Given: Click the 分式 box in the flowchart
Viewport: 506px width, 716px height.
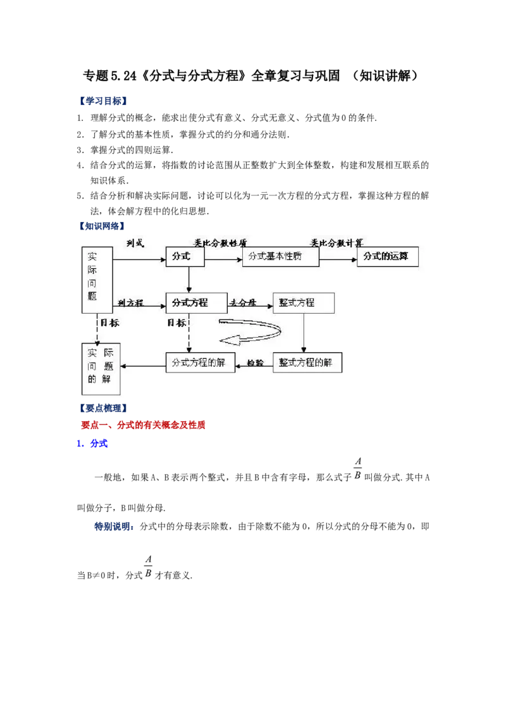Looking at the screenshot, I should point(185,257).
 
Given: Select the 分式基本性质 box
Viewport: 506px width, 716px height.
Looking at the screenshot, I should point(280,257).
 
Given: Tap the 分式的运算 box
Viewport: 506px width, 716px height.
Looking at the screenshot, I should point(387,257).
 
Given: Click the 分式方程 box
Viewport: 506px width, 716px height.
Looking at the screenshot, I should point(195,303).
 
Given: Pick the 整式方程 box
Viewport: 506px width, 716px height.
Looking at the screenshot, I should point(303,303).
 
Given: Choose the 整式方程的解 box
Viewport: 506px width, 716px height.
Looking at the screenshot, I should point(307,362).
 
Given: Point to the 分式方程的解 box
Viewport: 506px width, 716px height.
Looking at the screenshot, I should point(200,362).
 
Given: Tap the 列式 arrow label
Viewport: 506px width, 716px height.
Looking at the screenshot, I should point(135,243).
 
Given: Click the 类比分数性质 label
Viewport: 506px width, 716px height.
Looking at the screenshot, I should point(219,243).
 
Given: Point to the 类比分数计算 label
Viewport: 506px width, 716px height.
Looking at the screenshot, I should point(336,243).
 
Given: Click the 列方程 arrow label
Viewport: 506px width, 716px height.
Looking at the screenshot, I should point(130,303).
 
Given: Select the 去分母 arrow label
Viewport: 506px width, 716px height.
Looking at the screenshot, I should point(243,303).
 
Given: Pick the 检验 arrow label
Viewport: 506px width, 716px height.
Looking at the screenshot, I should point(254,363).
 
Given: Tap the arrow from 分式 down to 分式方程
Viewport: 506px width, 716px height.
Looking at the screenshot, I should point(189,280).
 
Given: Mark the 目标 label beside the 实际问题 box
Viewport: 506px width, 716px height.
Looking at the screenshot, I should point(109,323).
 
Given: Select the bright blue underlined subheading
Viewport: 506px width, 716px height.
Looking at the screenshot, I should point(93,444).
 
